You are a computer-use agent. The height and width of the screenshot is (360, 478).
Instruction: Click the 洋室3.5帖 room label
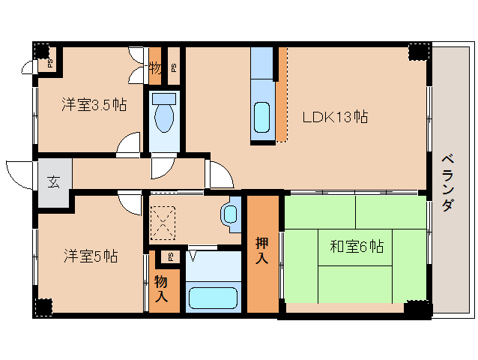(93, 105)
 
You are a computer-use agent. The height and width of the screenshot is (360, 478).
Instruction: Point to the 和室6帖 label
(356, 245)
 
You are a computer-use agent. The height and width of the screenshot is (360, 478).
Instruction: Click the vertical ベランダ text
(447, 183)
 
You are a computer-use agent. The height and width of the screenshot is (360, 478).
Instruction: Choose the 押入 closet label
(262, 251)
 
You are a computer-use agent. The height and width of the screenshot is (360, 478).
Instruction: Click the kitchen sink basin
(262, 116)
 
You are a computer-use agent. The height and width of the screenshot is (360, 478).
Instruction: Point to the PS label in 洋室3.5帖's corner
(50, 63)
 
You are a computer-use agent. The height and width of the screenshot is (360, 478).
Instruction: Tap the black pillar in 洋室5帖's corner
(43, 307)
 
